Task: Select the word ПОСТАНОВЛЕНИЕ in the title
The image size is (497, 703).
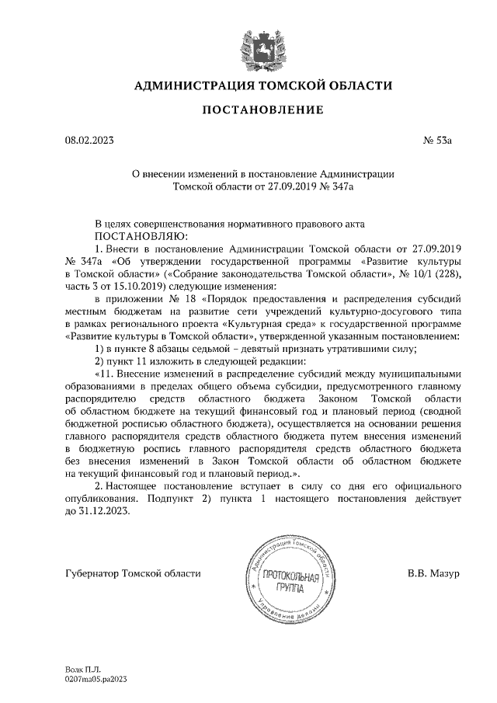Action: (262, 110)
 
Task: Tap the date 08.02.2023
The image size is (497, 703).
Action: (89, 141)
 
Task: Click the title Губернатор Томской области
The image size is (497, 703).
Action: (132, 573)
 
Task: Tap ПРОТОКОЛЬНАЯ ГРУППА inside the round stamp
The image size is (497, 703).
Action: (290, 582)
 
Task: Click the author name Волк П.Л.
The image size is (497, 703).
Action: (78, 668)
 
